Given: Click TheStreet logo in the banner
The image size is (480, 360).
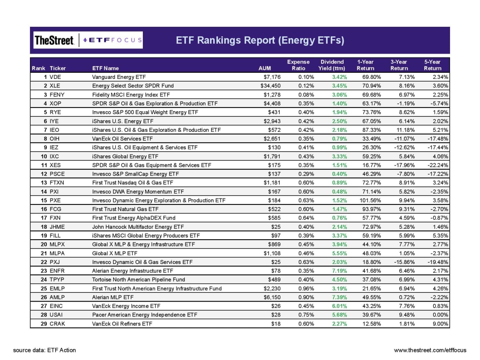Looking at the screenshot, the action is (54, 40).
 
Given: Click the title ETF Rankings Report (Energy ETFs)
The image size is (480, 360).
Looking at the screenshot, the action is (260, 40).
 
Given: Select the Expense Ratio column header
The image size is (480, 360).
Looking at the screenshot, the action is (298, 65).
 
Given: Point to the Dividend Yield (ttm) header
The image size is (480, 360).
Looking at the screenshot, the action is (332, 65).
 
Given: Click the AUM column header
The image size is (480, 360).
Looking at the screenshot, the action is (265, 68).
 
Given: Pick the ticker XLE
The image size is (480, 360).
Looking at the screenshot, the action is (55, 86).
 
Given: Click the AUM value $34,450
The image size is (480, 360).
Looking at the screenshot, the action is (270, 86).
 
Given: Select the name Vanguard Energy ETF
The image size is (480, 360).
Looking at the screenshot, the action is (119, 77).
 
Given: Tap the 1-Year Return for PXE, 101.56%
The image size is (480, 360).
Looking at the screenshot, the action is (370, 200).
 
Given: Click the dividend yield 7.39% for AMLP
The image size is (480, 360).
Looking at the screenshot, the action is (339, 297).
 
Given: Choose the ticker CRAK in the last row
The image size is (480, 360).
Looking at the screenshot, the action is (57, 324).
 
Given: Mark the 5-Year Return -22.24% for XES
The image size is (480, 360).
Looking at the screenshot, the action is (438, 165).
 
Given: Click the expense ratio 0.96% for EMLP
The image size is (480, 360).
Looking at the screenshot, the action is (306, 288).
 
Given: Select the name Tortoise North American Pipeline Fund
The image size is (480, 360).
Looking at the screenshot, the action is (138, 280).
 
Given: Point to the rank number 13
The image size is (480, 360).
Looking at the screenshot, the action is (44, 182).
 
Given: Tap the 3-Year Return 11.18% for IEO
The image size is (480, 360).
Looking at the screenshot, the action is (406, 130).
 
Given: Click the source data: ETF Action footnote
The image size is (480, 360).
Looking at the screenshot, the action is (44, 350).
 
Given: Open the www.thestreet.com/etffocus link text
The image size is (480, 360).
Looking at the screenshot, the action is (430, 350).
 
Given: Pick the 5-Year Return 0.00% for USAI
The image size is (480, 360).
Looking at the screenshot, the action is (440, 315).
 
